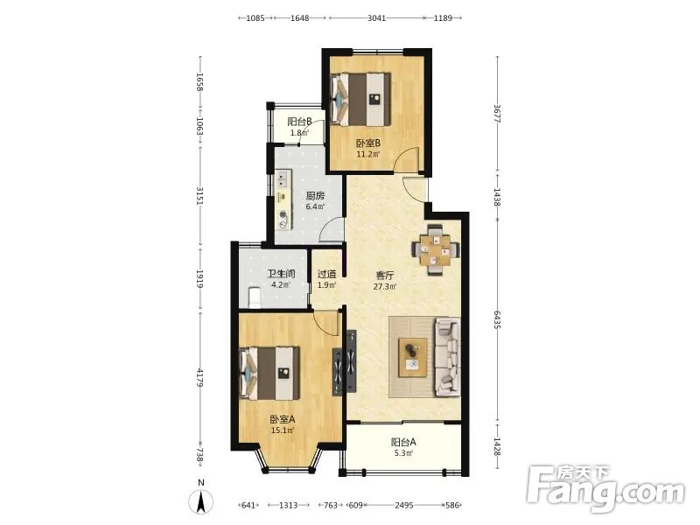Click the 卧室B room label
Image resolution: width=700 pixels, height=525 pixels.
click(x=367, y=143)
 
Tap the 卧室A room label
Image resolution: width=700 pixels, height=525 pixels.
click(x=282, y=420)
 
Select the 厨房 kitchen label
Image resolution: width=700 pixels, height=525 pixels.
click(x=315, y=196)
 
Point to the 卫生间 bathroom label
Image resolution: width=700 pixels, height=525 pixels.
click(x=281, y=274)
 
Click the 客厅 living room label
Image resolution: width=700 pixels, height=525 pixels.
click(x=385, y=276)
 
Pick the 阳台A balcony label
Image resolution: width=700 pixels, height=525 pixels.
click(x=403, y=443)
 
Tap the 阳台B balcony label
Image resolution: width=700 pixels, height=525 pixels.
click(x=299, y=122)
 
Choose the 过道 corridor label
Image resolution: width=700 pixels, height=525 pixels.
click(x=326, y=274)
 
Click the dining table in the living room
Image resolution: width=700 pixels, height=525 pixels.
click(x=435, y=250)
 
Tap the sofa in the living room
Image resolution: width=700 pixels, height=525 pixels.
click(x=447, y=357)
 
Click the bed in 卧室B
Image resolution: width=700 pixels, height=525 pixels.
click(x=360, y=100)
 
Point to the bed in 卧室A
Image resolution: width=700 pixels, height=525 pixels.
click(x=269, y=374)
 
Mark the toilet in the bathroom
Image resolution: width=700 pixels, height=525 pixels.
click(x=254, y=297)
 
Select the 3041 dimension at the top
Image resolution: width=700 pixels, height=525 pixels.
click(x=376, y=17)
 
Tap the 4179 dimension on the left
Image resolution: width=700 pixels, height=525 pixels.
click(x=200, y=378)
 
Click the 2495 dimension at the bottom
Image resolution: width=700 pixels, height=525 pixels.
click(x=404, y=506)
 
